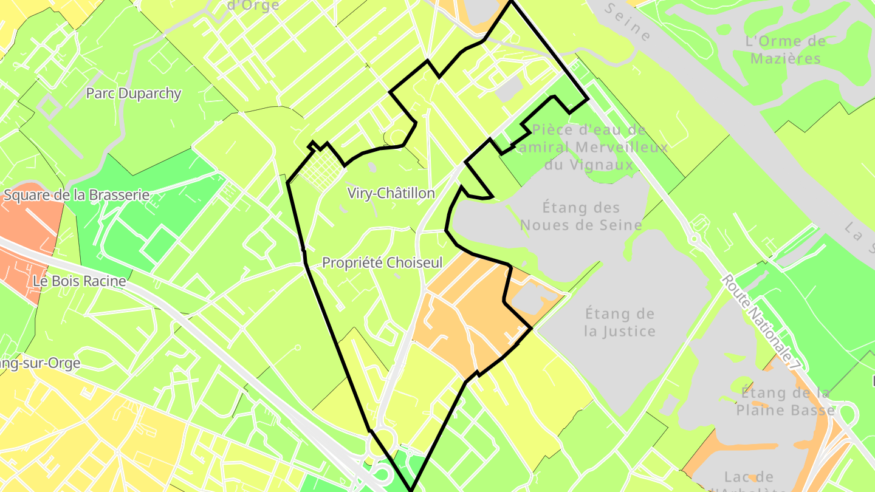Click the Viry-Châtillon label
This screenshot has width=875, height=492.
[391, 193]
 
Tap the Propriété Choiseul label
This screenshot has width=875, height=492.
[382, 263]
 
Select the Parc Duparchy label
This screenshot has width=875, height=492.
[134, 94]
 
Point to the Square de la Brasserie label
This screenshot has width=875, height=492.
[77, 195]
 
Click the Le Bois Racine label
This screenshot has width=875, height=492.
[80, 281]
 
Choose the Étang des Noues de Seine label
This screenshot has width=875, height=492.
[581, 216]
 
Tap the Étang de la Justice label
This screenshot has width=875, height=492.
[620, 323]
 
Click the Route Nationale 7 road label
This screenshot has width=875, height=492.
[760, 323]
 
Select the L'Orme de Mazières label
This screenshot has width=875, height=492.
[785, 50]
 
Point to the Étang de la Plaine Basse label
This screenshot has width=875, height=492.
[785, 401]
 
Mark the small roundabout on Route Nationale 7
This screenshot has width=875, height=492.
[694, 239]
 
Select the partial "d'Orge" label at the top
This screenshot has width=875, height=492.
[253, 5]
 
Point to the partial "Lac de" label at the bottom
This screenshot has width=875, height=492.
[749, 477]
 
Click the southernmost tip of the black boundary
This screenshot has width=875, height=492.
[411, 490]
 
